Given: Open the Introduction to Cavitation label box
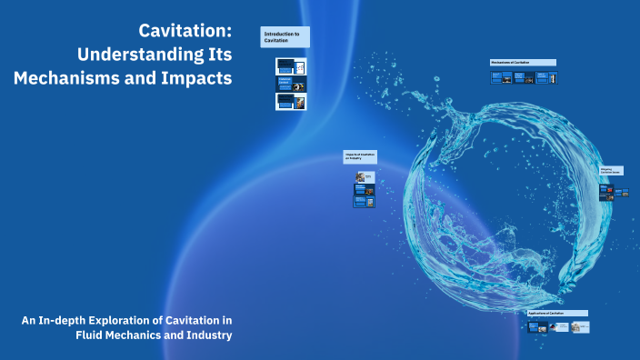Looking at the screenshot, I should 285,37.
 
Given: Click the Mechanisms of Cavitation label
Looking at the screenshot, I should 523,62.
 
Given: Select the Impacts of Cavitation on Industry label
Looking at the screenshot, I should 360,157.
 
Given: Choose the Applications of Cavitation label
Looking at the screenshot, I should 557,313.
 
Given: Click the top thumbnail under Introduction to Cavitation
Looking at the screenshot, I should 291,66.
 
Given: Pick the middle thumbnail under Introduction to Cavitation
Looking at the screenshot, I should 291,84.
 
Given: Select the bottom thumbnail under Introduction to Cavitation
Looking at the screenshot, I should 291,102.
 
